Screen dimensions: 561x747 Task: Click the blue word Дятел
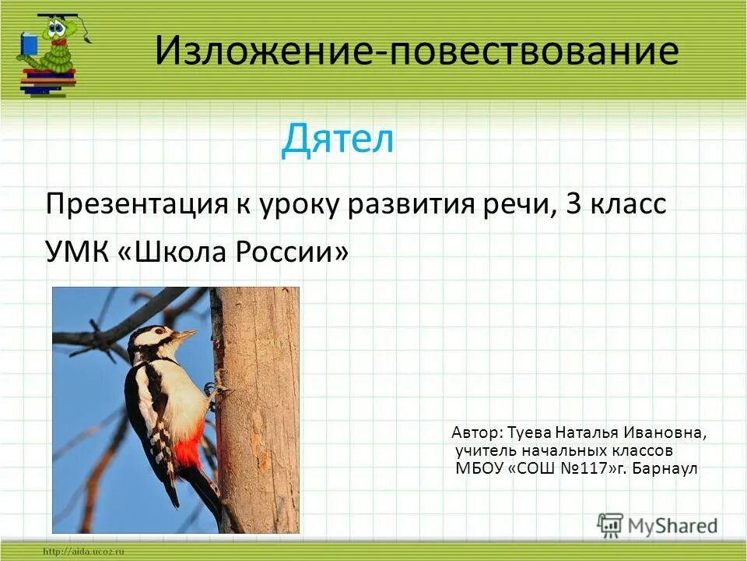338,139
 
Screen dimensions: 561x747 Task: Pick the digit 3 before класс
573,205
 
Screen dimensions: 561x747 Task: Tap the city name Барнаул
666,469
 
